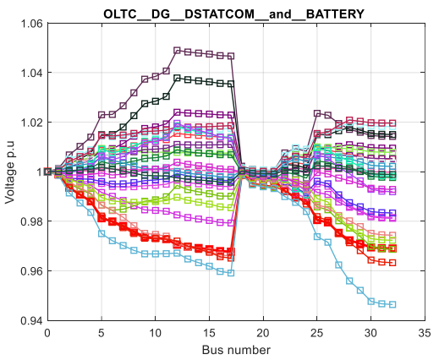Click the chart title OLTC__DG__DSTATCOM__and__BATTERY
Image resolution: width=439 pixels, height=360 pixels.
pos(233,14)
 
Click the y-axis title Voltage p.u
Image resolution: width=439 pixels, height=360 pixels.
pos(9,172)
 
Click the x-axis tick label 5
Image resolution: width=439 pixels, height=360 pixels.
pos(102,333)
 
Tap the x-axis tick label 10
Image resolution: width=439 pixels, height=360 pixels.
pos(156,333)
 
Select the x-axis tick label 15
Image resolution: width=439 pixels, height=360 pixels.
pos(209,333)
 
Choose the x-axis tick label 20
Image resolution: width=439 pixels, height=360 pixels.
pos(263,333)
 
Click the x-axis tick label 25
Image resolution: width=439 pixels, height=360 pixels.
pos(317,333)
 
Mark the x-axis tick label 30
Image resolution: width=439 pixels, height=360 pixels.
pos(371,333)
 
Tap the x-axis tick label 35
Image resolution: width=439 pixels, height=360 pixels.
pos(425,333)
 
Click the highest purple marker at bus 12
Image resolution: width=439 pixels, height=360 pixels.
pos(177,51)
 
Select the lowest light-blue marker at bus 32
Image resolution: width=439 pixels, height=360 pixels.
pos(392,304)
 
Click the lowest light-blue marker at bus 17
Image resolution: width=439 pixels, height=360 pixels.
pos(231,273)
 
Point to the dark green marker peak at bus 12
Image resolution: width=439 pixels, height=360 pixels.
pos(177,78)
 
